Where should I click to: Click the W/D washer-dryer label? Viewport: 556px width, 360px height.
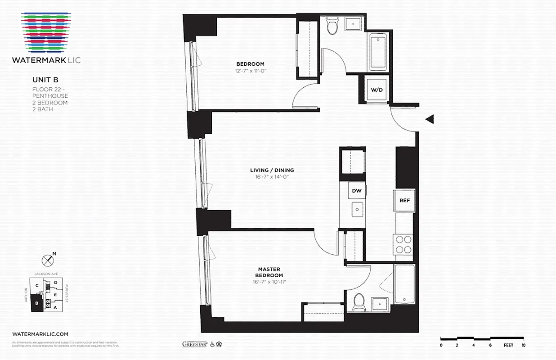click(377, 90)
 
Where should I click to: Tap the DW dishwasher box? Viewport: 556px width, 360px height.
click(357, 191)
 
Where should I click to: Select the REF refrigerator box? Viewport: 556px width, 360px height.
click(404, 200)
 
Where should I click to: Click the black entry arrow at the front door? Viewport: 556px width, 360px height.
click(430, 119)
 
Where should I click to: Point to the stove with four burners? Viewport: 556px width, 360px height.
click(403, 245)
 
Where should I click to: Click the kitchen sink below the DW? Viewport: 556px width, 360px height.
click(357, 209)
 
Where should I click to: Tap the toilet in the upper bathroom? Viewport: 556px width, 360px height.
click(332, 27)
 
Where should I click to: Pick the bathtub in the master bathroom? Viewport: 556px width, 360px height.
click(404, 284)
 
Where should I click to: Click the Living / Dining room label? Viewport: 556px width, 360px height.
click(272, 170)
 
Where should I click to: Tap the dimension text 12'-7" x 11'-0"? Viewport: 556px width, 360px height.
click(250, 71)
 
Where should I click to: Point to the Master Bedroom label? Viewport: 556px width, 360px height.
click(269, 272)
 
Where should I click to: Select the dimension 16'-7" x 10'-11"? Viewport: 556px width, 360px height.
click(269, 282)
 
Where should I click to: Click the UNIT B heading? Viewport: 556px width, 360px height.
click(45, 80)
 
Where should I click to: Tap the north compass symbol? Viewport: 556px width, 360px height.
click(48, 260)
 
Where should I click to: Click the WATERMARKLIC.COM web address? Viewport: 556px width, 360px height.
click(40, 334)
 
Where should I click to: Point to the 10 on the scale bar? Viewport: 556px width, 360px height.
click(523, 345)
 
